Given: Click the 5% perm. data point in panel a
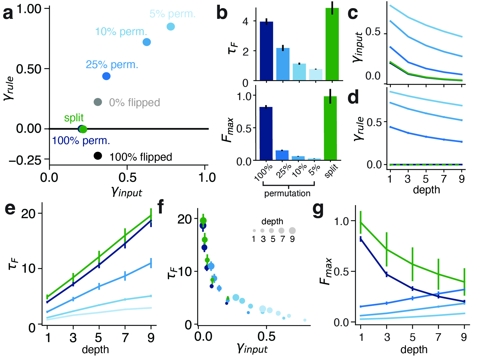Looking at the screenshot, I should click(x=171, y=26).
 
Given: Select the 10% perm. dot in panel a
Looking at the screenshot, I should click(x=147, y=42).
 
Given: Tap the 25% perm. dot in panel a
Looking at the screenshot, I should click(x=106, y=76).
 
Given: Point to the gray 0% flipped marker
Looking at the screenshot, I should click(x=98, y=102).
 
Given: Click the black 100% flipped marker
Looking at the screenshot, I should click(x=98, y=156).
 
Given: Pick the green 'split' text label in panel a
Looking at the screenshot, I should click(x=74, y=118).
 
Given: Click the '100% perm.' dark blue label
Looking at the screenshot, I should click(x=81, y=141).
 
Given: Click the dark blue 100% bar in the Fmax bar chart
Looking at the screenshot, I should click(x=266, y=133).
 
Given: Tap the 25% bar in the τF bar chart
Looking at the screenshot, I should click(x=283, y=64).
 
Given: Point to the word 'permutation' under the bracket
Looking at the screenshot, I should click(x=287, y=194).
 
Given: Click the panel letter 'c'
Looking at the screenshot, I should click(x=353, y=13).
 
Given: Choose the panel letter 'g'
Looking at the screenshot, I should click(x=318, y=210).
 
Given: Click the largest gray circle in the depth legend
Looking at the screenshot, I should click(x=292, y=231).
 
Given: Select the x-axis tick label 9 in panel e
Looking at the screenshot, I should click(x=151, y=338).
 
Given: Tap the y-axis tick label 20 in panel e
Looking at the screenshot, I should click(x=28, y=214).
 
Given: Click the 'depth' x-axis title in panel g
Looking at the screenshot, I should click(x=414, y=350).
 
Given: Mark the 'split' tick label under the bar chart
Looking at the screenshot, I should click(x=331, y=171).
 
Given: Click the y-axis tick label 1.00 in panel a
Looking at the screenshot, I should click(x=29, y=9).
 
